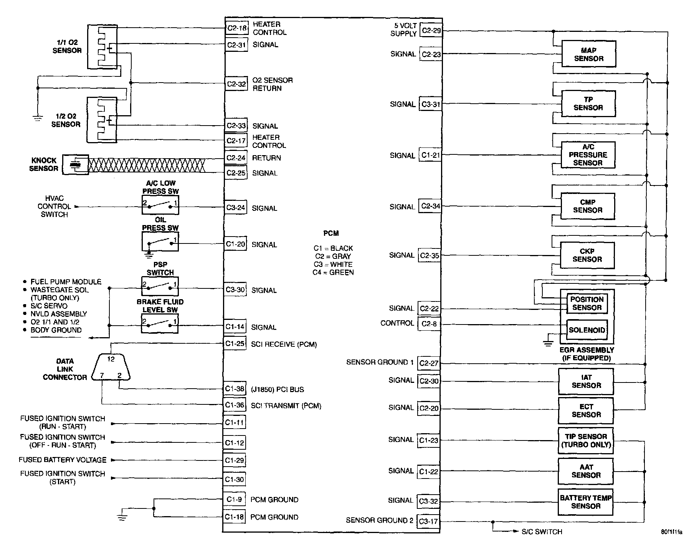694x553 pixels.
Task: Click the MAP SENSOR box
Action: (x=588, y=54)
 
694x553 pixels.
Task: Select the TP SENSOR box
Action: (x=588, y=104)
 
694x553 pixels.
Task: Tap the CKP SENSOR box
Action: (x=587, y=255)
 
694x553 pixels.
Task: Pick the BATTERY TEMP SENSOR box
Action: (x=585, y=502)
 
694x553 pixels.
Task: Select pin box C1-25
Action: (x=235, y=344)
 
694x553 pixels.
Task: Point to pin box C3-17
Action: (x=428, y=522)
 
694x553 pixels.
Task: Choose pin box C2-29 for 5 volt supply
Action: (x=431, y=30)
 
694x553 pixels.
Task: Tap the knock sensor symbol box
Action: (x=76, y=165)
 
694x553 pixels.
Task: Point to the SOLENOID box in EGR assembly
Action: (x=587, y=330)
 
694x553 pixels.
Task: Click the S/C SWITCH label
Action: (x=542, y=532)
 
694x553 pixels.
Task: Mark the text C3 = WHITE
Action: (x=332, y=264)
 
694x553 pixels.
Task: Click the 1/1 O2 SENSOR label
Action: (x=67, y=46)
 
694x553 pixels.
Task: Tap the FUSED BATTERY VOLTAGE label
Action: (x=63, y=460)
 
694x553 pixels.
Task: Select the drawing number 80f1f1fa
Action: (x=671, y=532)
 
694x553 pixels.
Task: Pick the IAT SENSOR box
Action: (x=586, y=381)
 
